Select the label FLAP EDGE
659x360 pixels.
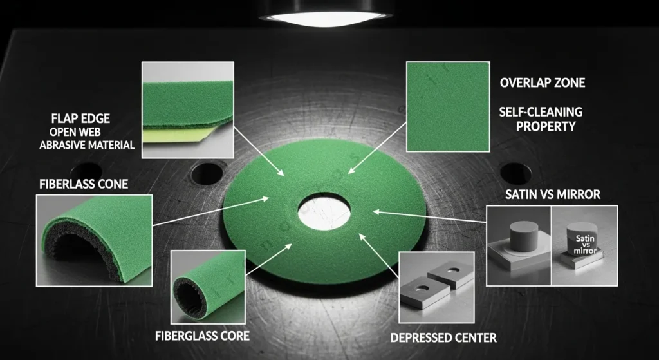[80, 118]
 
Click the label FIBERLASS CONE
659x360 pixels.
[84, 184]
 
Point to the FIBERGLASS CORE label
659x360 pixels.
[202, 336]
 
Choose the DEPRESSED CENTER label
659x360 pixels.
[443, 337]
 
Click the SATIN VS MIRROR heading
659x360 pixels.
[553, 194]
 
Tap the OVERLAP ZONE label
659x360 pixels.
[543, 82]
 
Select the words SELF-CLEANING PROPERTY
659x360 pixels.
[541, 119]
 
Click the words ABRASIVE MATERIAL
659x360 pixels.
[87, 146]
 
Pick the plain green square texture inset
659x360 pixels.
[448, 107]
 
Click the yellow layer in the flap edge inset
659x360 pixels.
[176, 135]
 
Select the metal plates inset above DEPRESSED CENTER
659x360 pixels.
[436, 288]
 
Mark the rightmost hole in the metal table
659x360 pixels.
[515, 173]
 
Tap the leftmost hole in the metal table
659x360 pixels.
[86, 173]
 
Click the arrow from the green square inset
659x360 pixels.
[377, 148]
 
